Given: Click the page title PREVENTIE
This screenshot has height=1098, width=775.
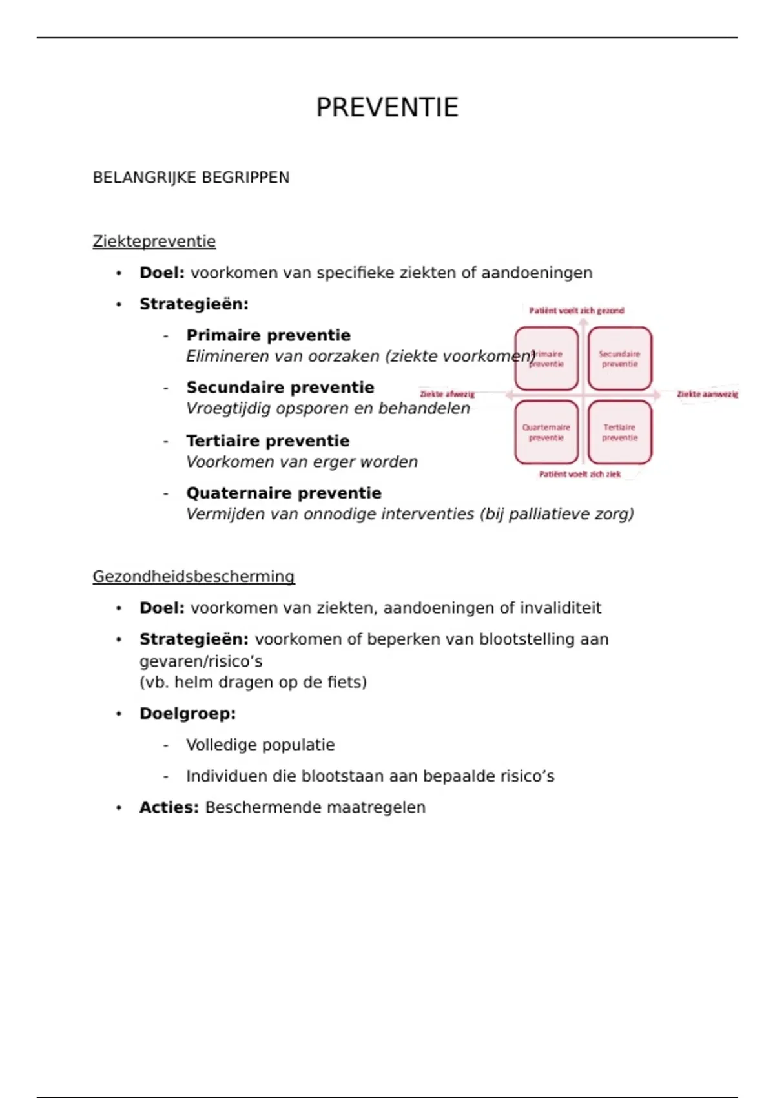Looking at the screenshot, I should click(x=387, y=107).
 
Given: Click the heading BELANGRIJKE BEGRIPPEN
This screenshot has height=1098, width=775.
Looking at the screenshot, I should click(x=191, y=178).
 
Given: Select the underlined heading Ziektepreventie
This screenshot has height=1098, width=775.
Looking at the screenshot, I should click(x=154, y=242).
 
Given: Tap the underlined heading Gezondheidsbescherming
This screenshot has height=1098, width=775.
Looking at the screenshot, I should click(x=194, y=577).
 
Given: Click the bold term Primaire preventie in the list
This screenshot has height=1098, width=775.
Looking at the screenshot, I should click(x=268, y=335).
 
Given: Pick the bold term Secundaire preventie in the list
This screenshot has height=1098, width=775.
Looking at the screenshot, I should click(x=280, y=388).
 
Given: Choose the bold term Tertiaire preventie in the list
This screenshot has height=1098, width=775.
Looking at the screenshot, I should click(x=267, y=441).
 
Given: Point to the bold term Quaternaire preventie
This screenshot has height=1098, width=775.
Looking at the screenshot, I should click(x=284, y=493).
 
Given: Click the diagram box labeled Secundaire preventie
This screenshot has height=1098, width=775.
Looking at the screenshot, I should click(x=619, y=359).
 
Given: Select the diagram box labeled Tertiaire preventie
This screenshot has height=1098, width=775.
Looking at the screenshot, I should click(x=619, y=432).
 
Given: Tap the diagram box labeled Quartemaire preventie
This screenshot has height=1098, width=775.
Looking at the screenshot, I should click(x=546, y=432).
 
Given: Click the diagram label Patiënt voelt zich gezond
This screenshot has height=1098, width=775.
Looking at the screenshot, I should click(x=577, y=311).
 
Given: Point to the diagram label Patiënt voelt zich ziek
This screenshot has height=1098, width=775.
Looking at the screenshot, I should click(x=579, y=474).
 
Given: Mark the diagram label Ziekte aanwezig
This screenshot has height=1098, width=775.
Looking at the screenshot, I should click(x=707, y=394).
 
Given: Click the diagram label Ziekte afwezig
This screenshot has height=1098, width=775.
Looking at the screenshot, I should click(x=447, y=394).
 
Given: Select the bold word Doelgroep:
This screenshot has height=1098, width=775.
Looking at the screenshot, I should click(x=187, y=714).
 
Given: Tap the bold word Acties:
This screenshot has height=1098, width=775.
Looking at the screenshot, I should click(x=169, y=807).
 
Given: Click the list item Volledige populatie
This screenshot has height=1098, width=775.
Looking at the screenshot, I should click(x=260, y=745).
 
